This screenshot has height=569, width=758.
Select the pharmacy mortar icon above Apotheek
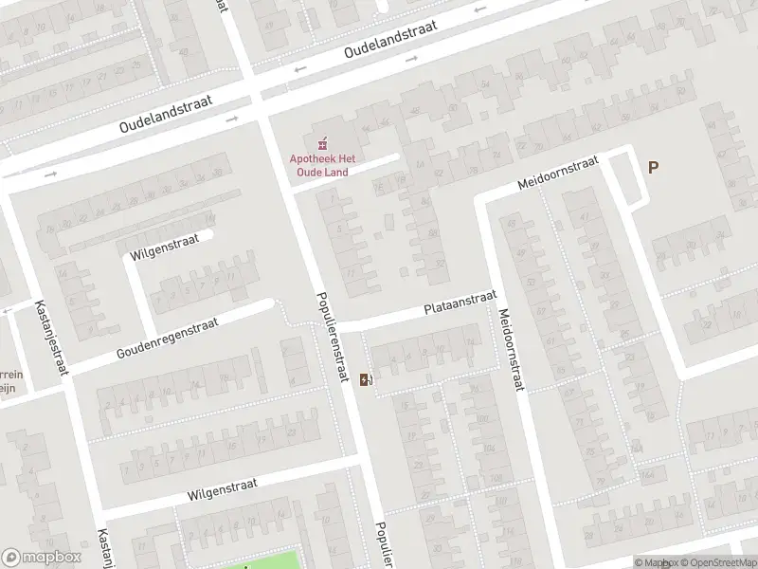(x=324, y=144)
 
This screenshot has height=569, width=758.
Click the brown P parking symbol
(x=653, y=167)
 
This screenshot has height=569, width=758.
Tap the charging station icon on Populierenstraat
(x=365, y=381)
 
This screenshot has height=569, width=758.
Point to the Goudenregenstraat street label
(x=167, y=338)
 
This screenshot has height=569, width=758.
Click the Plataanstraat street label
(x=460, y=303)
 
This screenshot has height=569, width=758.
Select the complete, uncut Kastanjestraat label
(x=51, y=338)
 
